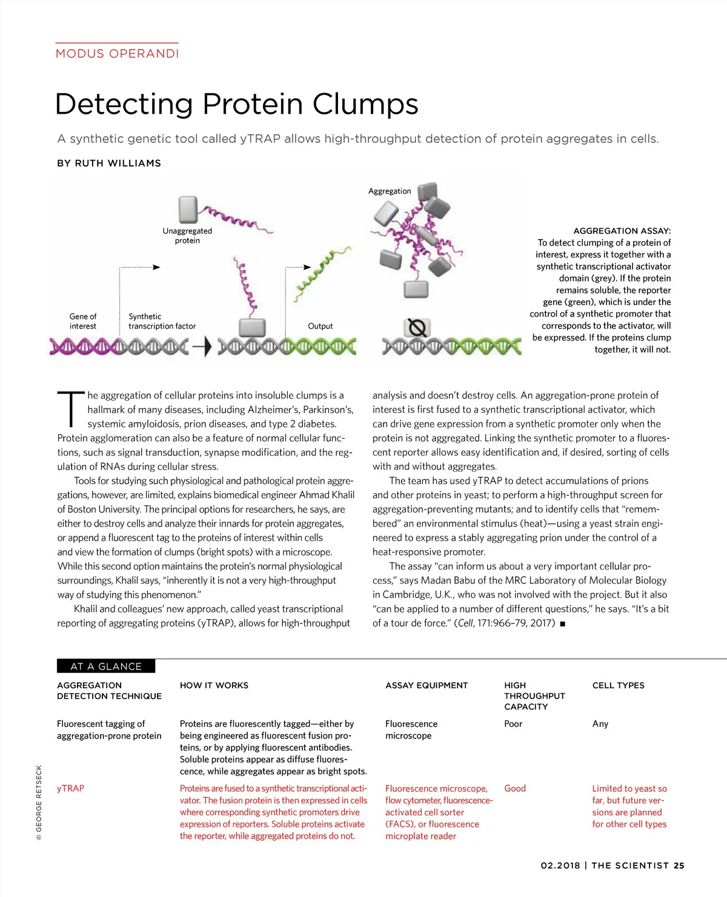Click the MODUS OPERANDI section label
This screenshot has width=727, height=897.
tap(117, 53)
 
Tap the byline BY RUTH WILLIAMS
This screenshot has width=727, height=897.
tap(109, 163)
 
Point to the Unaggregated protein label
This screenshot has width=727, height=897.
tap(187, 235)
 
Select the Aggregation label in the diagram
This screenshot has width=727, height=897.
tap(390, 191)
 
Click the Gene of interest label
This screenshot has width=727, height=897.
tap(83, 321)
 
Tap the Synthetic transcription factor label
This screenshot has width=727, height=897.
tap(162, 321)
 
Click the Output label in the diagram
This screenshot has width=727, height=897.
tap(320, 326)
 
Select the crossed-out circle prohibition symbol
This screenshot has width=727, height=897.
tap(417, 328)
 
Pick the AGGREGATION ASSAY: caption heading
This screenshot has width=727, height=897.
tap(622, 231)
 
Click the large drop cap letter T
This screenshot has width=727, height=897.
tap(71, 409)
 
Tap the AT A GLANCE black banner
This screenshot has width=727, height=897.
tap(106, 666)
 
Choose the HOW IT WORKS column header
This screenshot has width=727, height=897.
tap(214, 685)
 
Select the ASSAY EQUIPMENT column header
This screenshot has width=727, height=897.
tap(427, 685)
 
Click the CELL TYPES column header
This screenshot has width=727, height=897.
tap(618, 685)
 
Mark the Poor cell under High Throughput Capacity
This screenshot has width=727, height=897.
tap(513, 723)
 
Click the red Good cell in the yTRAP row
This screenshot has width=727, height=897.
tap(514, 788)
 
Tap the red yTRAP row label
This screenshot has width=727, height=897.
tap(70, 788)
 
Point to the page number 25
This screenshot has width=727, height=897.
tap(679, 866)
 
